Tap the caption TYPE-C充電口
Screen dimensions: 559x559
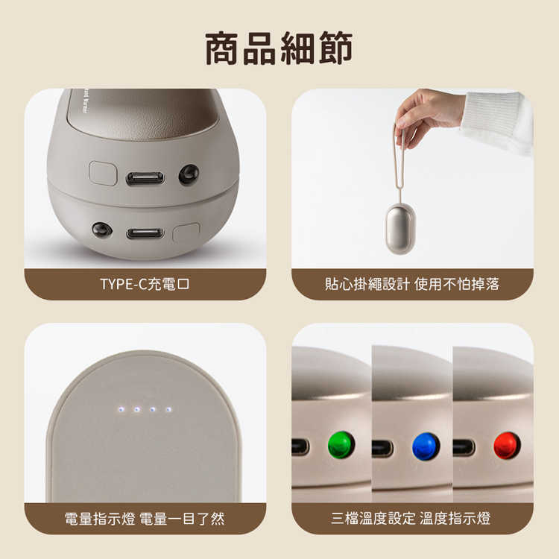(145, 284)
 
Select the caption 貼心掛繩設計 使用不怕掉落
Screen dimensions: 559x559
(412, 284)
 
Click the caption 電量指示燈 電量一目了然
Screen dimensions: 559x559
(145, 518)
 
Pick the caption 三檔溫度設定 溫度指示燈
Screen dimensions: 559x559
(412, 518)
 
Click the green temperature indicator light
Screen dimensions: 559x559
(341, 445)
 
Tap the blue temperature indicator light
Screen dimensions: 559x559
(426, 446)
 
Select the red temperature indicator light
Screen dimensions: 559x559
(508, 445)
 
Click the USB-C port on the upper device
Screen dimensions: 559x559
(145, 177)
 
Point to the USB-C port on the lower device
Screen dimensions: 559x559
(145, 233)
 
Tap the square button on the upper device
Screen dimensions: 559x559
(103, 173)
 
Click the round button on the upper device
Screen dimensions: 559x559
(189, 174)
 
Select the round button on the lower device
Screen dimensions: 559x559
(101, 230)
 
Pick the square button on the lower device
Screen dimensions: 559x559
(186, 233)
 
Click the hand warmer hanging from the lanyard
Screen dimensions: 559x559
(400, 228)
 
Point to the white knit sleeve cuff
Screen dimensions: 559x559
(496, 121)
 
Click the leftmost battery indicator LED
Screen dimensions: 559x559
(119, 409)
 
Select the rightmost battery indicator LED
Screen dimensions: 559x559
(168, 409)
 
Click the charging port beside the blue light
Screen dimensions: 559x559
(382, 448)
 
